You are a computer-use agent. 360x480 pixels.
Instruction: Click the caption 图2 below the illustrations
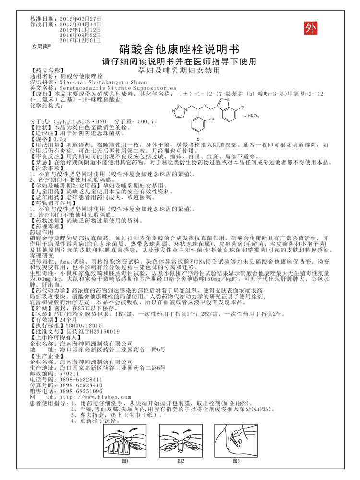click(x=181, y=461)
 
